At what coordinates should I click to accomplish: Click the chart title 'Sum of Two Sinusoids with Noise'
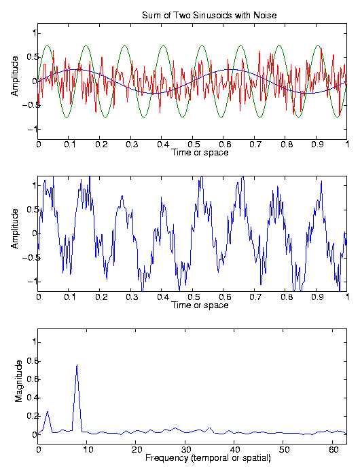point(209,15)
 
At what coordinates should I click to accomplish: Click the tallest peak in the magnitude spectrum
point(77,365)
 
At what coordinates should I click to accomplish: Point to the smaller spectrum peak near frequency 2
point(48,411)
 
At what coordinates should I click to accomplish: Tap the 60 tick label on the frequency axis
point(334,450)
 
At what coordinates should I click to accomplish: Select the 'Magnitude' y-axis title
point(19,381)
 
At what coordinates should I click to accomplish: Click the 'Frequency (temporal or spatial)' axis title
point(208,458)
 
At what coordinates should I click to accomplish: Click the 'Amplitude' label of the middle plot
point(14,229)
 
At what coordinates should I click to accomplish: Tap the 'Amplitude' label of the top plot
point(14,76)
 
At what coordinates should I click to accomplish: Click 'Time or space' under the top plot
point(200,152)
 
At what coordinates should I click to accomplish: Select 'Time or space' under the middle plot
point(200,305)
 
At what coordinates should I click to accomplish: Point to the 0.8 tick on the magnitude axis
point(31,360)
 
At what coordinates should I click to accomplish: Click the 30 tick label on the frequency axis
point(185,450)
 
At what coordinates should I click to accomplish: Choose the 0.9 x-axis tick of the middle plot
point(317,297)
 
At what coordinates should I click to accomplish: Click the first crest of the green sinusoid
point(47,45)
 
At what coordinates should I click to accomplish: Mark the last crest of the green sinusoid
point(318,45)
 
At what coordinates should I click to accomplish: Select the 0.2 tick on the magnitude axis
point(31,416)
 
